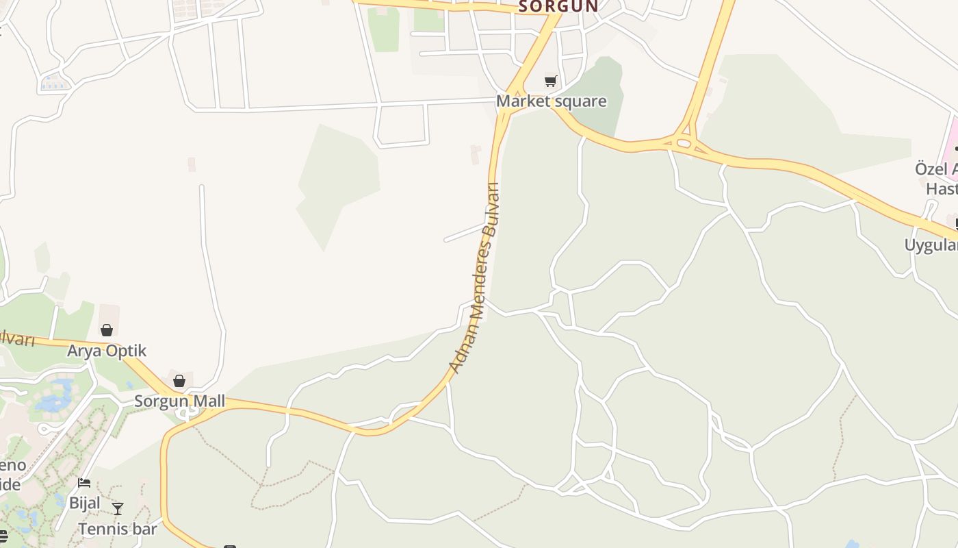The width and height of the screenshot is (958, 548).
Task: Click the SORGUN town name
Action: point(558,6)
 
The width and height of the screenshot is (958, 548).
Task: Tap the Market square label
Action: point(551,101)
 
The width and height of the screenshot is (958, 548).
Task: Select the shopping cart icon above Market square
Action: point(551,82)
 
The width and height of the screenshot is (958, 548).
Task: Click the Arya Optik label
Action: point(107,351)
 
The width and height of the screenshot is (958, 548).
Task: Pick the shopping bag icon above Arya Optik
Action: point(107,330)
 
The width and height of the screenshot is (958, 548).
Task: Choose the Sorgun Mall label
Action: point(179,401)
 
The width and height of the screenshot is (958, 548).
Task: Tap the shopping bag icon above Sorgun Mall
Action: point(179,380)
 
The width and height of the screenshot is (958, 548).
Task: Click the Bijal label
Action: point(85,503)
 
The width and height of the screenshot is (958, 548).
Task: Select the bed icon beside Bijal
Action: point(84,483)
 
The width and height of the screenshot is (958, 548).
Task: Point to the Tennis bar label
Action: point(117,529)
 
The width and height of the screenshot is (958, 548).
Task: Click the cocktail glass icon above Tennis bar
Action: point(118,508)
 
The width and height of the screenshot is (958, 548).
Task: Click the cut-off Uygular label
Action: point(931,245)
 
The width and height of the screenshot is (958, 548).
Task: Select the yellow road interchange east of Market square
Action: point(684,143)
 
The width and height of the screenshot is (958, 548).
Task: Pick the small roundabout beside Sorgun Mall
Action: point(183,414)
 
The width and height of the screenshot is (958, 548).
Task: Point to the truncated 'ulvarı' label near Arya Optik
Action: point(15,337)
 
